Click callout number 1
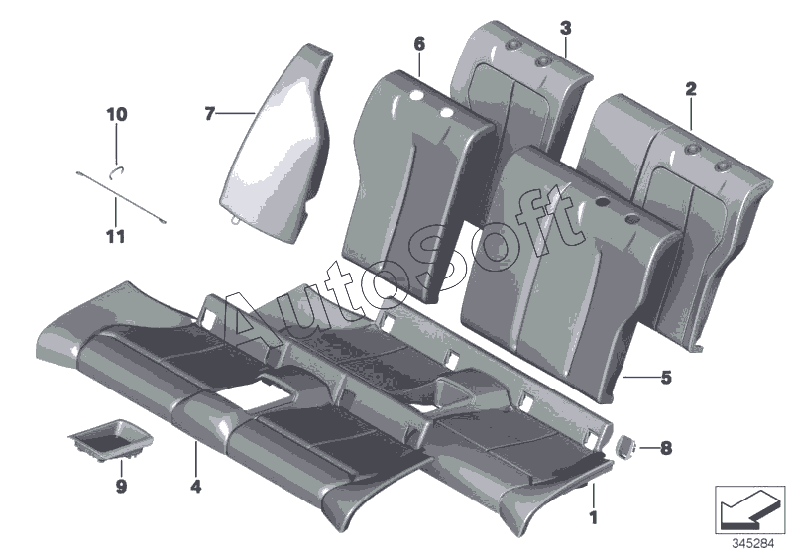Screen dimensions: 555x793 coord(594,515)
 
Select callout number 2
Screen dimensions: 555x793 coord(691,89)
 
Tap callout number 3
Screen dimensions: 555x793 coord(564,26)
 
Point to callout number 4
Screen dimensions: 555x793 coord(196,487)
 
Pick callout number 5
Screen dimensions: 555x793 coord(666,377)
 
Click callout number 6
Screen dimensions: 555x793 coord(418,44)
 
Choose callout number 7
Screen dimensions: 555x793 coord(209,115)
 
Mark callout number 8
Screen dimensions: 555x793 coord(665,449)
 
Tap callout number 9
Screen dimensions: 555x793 coord(121,487)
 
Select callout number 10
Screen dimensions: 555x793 coord(117,115)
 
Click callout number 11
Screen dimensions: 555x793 coord(117,236)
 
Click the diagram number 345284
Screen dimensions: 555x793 coord(753,543)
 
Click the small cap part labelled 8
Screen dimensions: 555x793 coord(626,447)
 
